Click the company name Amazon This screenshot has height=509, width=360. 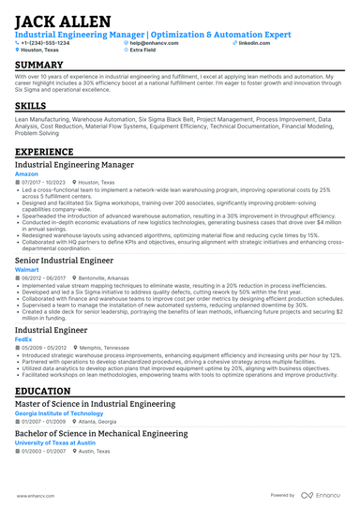tap(26, 173)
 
